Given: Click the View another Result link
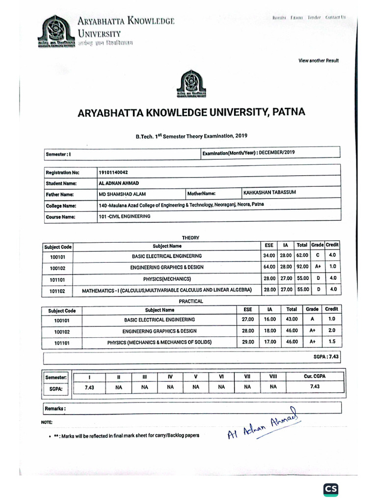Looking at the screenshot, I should pyautogui.click(x=319, y=61).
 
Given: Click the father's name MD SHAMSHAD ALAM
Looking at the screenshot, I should pyautogui.click(x=122, y=194).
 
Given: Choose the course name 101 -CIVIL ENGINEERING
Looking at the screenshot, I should pyautogui.click(x=125, y=216).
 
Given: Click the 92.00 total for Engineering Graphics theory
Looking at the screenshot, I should pyautogui.click(x=302, y=267).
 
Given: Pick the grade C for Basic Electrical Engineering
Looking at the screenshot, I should pyautogui.click(x=318, y=255).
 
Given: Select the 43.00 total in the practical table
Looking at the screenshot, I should pyautogui.click(x=292, y=320).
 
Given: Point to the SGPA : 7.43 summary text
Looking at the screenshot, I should pyautogui.click(x=326, y=357).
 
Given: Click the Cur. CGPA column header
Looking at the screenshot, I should pyautogui.click(x=315, y=376).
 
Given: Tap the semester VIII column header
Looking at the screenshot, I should pyautogui.click(x=273, y=376).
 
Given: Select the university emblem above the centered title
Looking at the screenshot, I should pyautogui.click(x=190, y=84).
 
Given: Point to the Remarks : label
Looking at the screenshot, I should pyautogui.click(x=55, y=408).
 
